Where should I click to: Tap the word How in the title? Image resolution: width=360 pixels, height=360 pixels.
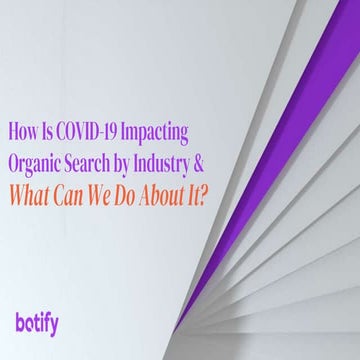coord(24,130)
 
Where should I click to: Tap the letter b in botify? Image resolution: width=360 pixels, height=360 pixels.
coord(22,321)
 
